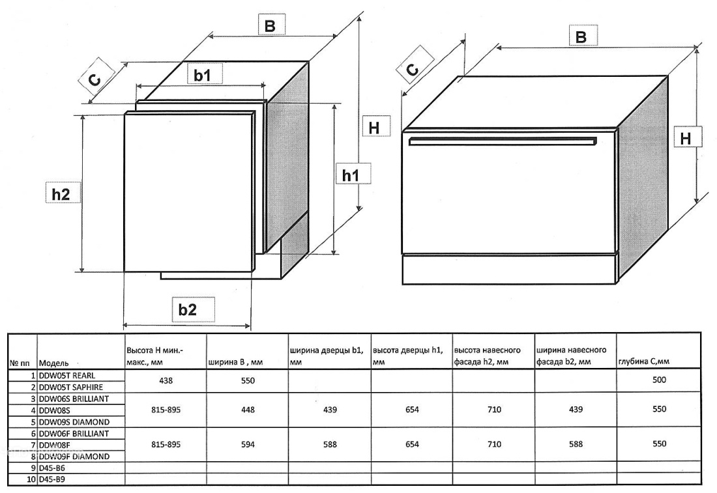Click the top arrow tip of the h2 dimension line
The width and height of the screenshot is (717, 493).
pos(83,115)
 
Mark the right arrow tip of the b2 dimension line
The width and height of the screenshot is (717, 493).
pos(250,326)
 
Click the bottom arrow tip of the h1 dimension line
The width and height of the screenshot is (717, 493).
pos(335,255)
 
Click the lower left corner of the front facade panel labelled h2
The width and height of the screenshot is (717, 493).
pos(124,272)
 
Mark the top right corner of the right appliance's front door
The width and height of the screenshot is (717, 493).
pos(617,131)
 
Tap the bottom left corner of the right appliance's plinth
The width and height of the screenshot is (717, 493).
pos(402,284)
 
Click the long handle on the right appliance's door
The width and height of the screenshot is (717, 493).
pos(503,141)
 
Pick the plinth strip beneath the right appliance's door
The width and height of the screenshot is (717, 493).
pos(510,269)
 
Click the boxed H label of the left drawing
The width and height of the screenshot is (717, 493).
pos(375,126)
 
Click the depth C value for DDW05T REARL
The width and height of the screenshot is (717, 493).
pos(660,380)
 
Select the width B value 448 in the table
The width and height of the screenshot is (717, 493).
pos(248,410)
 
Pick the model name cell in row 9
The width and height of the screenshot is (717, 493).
pos(80,468)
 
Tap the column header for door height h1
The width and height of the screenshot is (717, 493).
pos(408,356)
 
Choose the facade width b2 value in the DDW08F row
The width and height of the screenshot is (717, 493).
pos(576,444)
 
